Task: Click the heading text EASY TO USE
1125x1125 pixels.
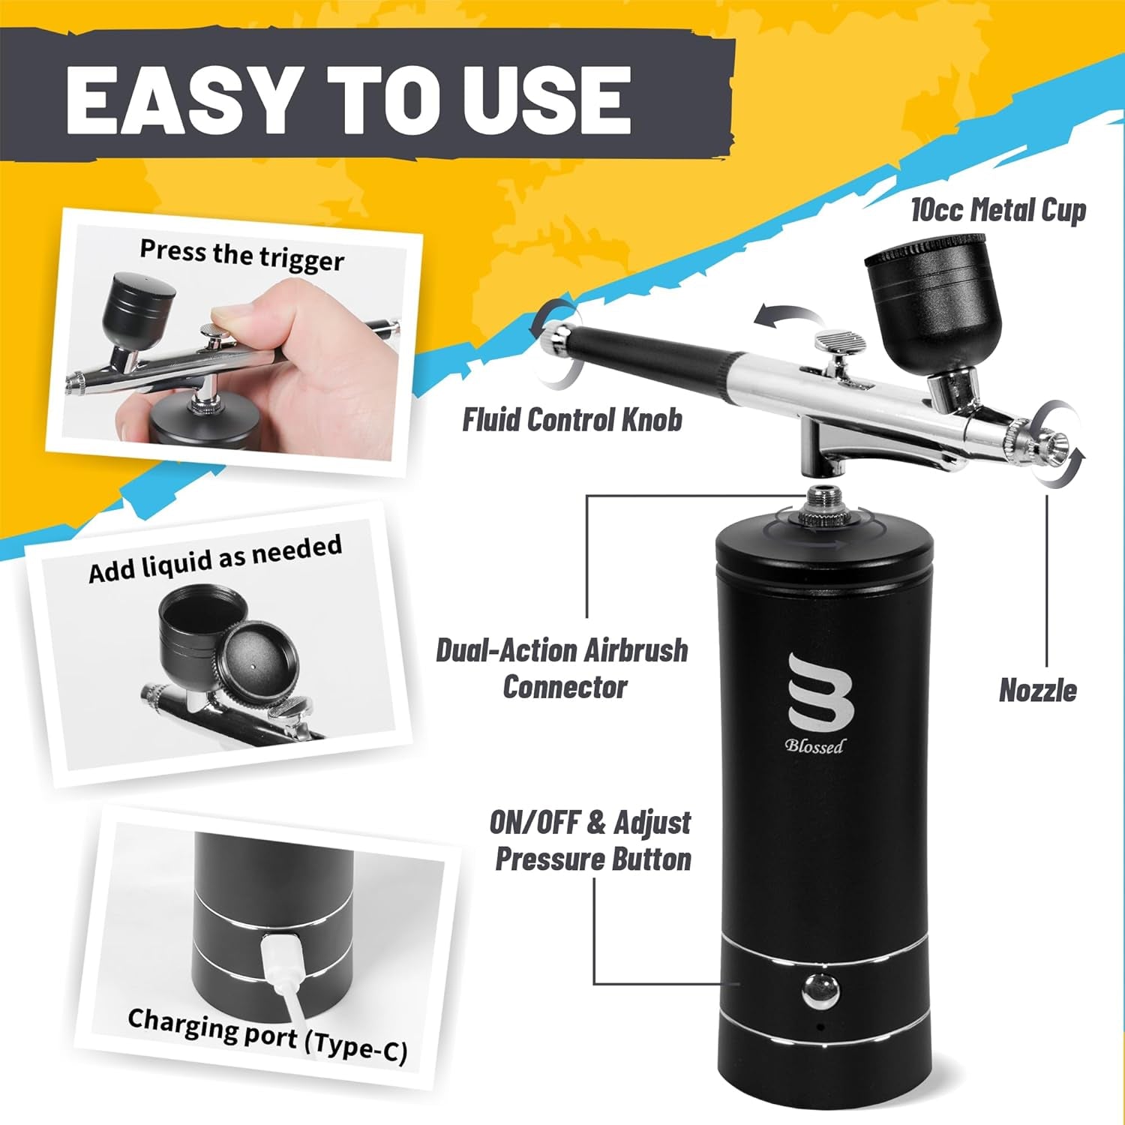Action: point(348,99)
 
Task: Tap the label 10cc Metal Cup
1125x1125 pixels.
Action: point(998,211)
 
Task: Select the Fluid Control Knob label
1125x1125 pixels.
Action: point(571,420)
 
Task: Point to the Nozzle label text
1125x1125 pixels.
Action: point(1037,691)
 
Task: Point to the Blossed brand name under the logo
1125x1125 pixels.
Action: point(814,745)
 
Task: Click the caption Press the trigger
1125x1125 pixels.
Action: point(241,255)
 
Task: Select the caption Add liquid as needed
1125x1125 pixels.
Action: point(215,559)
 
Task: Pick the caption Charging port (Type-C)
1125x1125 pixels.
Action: point(267,1036)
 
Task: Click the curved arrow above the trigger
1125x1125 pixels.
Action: point(780,315)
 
